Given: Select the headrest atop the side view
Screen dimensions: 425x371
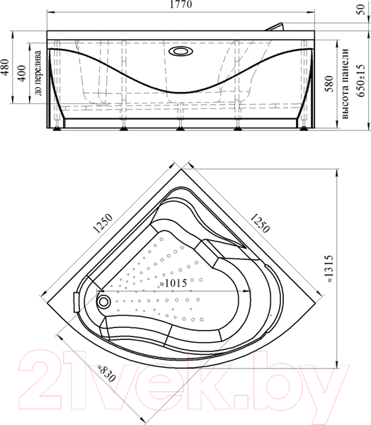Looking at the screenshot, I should [277, 26].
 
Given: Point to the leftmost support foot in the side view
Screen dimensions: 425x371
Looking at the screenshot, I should [57, 127].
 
